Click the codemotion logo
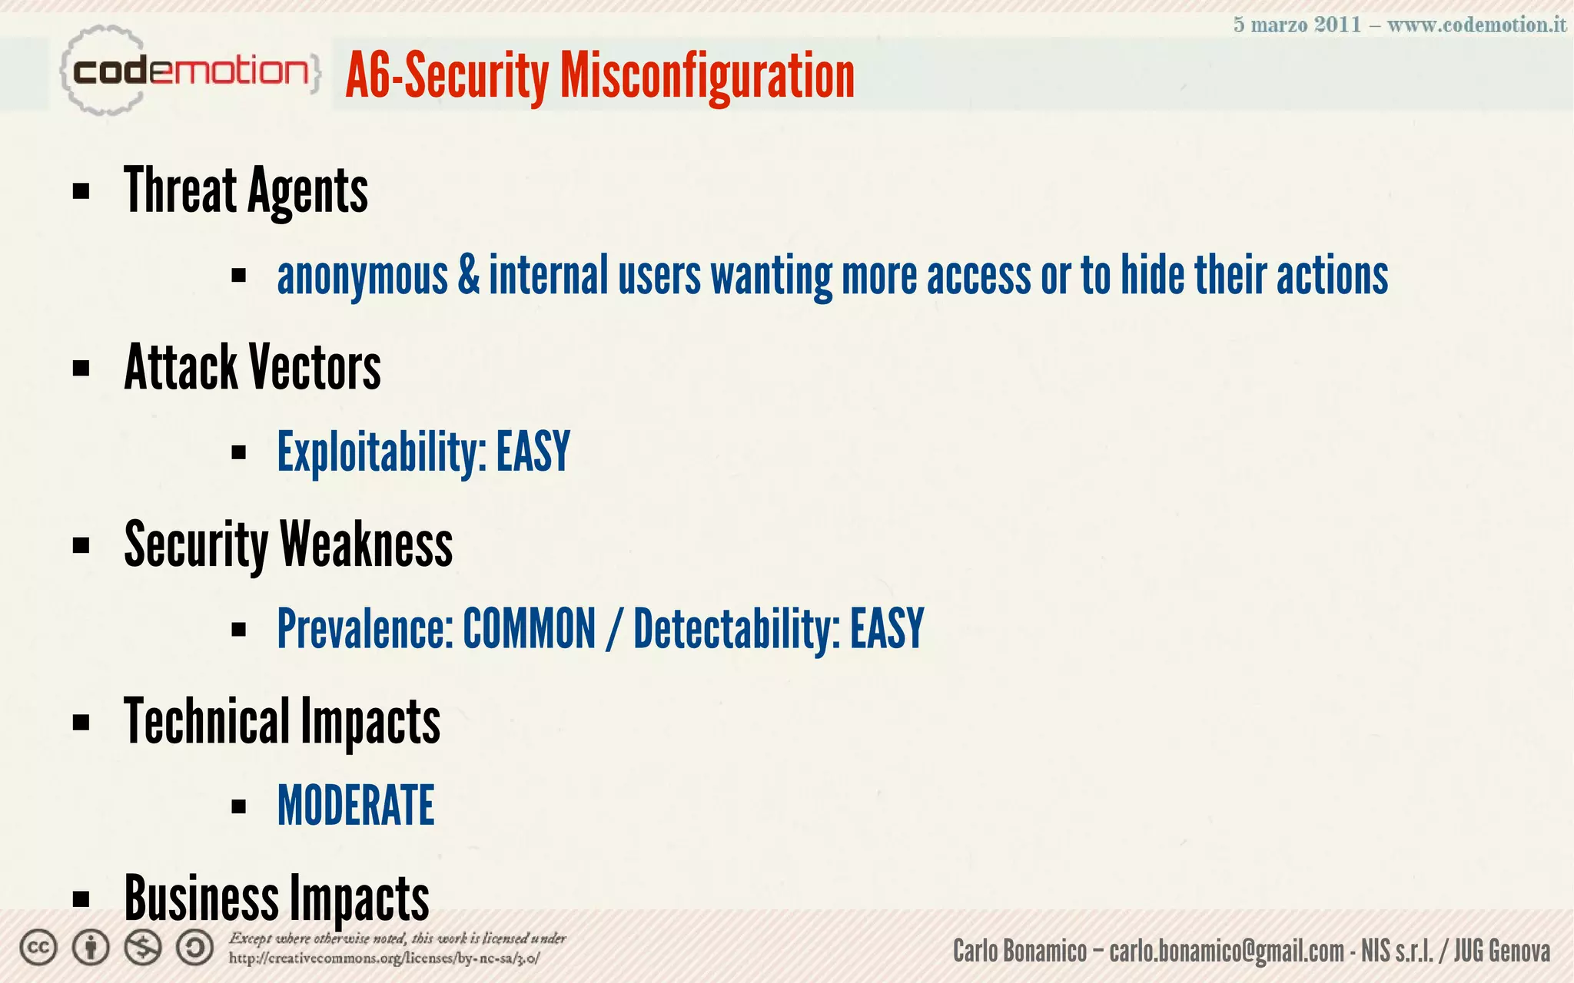[x=188, y=71]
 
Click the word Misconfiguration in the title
[x=707, y=77]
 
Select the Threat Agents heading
[x=246, y=191]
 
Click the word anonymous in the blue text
[x=362, y=276]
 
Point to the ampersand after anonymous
[x=468, y=276]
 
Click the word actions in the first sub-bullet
[x=1332, y=276]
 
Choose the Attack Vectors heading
[x=252, y=368]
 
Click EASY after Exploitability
[x=533, y=452]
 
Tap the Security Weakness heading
[x=288, y=544]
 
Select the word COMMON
[x=529, y=629]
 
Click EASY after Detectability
[x=886, y=629]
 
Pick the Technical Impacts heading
[x=282, y=722]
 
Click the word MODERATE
[x=356, y=806]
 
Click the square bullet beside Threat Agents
[x=81, y=191]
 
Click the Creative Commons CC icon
[x=38, y=948]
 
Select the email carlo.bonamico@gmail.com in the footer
[x=1227, y=952]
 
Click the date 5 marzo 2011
[x=1297, y=25]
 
